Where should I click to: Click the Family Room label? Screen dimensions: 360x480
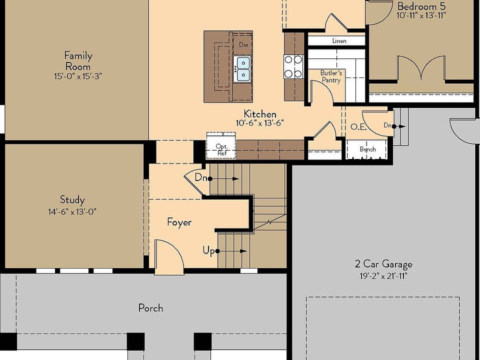coord(78,60)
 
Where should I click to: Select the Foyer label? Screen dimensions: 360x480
coord(179,222)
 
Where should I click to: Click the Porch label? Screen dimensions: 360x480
coord(150,308)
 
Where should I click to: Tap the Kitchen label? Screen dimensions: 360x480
coord(259,114)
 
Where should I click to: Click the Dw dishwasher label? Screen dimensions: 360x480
coord(243,45)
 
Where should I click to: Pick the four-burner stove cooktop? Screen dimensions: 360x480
coord(293,66)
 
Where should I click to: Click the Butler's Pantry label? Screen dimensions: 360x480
coord(331,76)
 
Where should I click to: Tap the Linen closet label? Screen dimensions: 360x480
coord(339,41)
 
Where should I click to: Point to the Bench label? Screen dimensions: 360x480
coord(367,149)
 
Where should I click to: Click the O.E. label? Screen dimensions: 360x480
coord(358,127)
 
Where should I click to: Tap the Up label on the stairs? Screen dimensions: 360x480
coord(209,250)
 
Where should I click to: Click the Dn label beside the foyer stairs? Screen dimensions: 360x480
coord(201,177)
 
